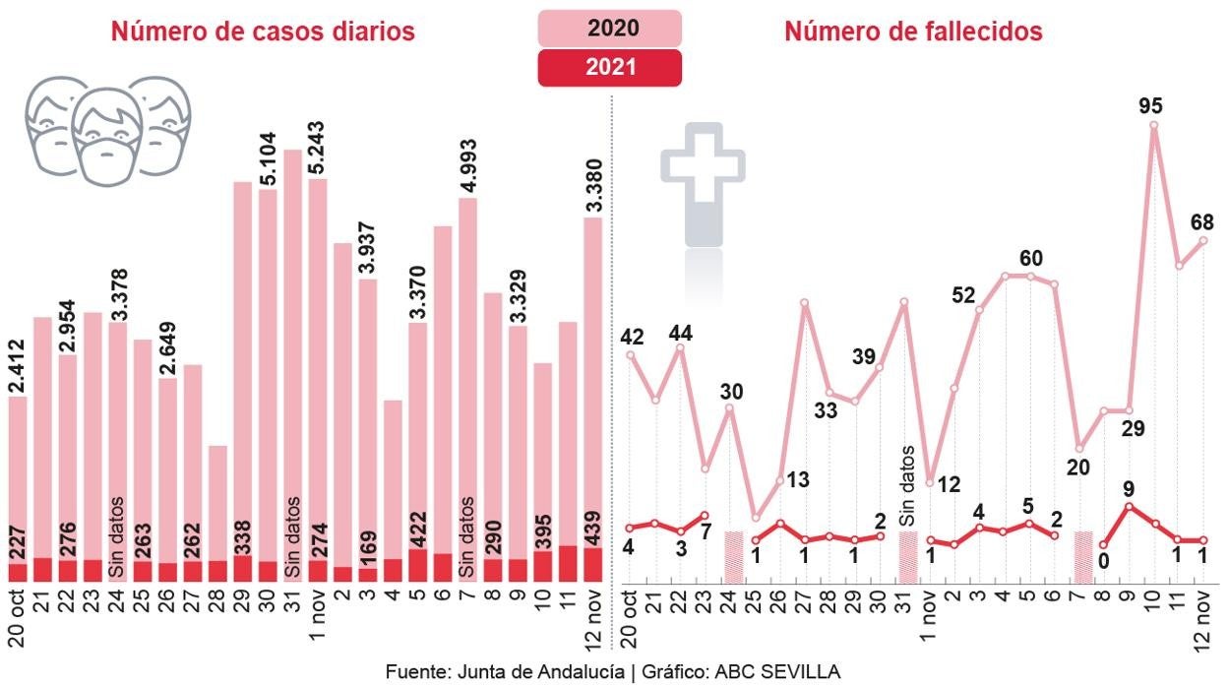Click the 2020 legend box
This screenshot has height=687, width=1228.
tap(609, 28)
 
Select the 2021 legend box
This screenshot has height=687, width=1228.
tap(609, 67)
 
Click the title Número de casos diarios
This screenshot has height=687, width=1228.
tap(263, 31)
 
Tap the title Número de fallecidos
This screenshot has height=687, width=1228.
tap(913, 31)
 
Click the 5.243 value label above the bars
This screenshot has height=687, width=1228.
tap(318, 134)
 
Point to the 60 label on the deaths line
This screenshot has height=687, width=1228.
tap(1030, 259)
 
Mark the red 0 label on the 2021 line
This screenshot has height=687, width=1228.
tap(1105, 561)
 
